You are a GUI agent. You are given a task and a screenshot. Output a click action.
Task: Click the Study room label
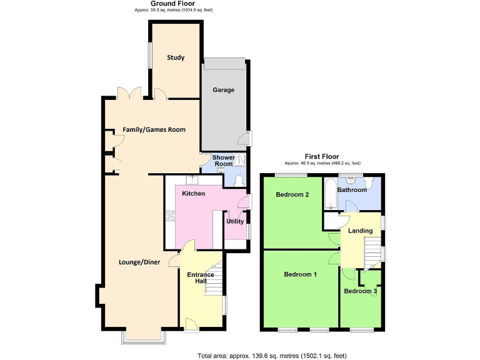(176, 58)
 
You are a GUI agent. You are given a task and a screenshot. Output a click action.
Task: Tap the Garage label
(223, 90)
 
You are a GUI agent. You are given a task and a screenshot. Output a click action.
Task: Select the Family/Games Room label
(154, 130)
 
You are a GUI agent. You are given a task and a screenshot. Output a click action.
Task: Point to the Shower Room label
(223, 161)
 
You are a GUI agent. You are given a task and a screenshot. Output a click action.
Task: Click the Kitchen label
(194, 194)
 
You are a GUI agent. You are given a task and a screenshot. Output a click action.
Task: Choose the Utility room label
(236, 221)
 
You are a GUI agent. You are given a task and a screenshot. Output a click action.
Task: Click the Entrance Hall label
(201, 278)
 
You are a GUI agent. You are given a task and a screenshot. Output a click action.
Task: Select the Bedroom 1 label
(300, 274)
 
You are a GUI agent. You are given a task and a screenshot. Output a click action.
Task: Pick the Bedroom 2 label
(292, 194)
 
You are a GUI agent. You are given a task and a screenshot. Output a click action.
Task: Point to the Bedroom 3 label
(361, 291)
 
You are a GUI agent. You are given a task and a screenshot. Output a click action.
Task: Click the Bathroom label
(352, 189)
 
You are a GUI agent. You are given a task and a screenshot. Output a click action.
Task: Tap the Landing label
(361, 231)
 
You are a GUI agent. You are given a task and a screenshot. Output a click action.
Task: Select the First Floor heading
(321, 156)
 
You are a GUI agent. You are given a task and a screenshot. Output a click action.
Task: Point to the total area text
(271, 355)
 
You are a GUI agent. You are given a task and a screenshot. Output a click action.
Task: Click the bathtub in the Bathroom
(330, 196)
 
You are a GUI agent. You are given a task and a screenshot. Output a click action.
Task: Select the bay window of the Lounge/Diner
(144, 336)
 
